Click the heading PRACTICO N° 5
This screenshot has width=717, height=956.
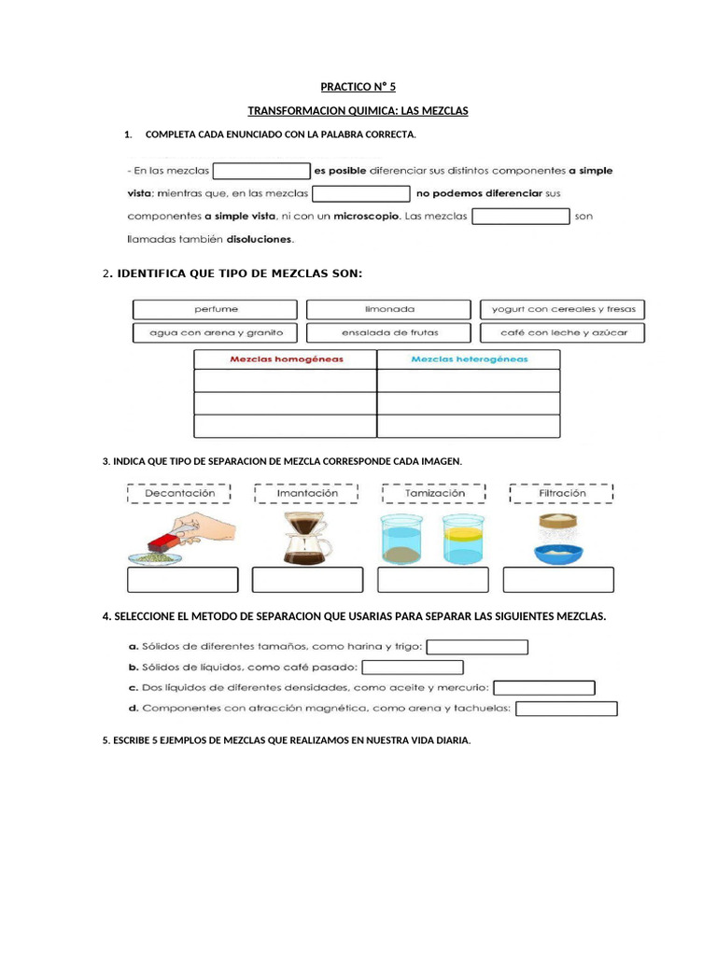coord(358,87)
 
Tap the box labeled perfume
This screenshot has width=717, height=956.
coord(216,309)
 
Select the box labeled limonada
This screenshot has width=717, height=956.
coord(389,309)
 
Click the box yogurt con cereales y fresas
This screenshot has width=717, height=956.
coord(562,309)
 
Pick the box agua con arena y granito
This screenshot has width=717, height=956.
coord(216,332)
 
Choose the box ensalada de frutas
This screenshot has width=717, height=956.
coord(389,332)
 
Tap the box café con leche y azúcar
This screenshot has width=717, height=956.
coord(562,332)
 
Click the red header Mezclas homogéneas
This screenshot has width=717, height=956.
coord(286,358)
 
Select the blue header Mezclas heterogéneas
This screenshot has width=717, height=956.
coord(469,358)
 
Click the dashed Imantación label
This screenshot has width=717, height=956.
coord(307,493)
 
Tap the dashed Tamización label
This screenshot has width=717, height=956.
coord(434,493)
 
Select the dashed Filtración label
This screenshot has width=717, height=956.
coord(562,493)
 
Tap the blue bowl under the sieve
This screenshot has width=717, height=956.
coord(559,553)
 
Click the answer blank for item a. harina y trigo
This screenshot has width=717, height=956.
coord(477,647)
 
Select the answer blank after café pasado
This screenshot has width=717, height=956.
coord(412,668)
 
